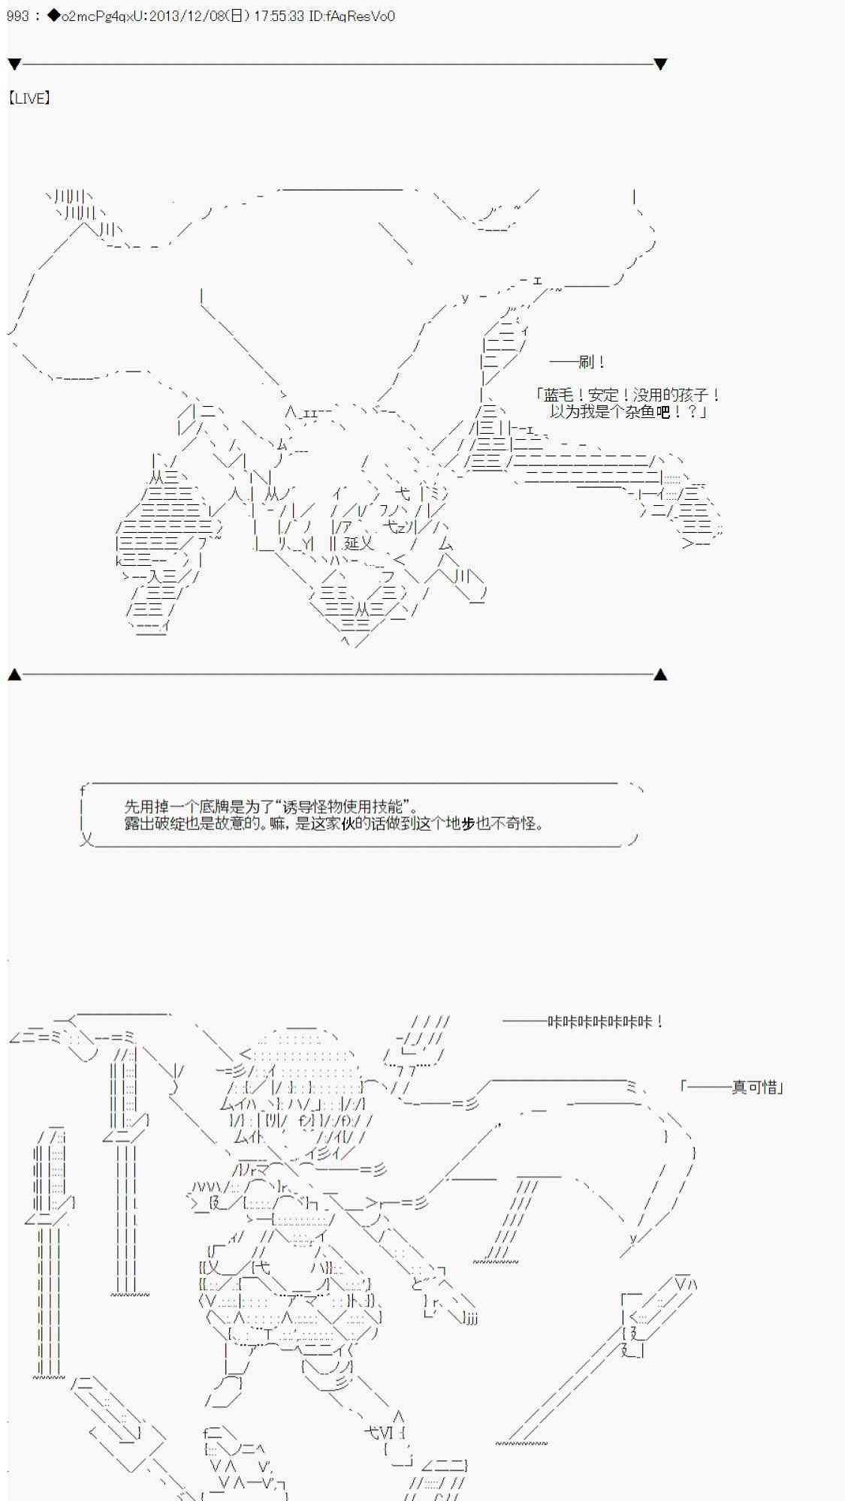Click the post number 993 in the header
[x=17, y=16]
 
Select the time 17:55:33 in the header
[x=278, y=16]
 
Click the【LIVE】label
[x=29, y=98]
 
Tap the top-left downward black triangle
[x=14, y=65]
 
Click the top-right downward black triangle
[x=660, y=65]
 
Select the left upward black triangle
[x=14, y=675]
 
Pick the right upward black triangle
[x=660, y=675]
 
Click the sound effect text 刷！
[x=592, y=362]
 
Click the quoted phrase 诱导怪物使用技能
[x=346, y=807]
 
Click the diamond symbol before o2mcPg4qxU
[x=53, y=16]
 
